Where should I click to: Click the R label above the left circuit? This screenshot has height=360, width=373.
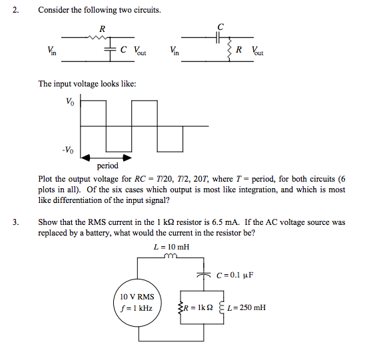click(101, 29)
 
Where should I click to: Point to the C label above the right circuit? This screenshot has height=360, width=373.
click(220, 26)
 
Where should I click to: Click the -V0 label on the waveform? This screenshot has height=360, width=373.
click(68, 149)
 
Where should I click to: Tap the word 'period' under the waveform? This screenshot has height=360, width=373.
click(107, 166)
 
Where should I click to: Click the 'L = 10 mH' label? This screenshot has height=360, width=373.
click(171, 246)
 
